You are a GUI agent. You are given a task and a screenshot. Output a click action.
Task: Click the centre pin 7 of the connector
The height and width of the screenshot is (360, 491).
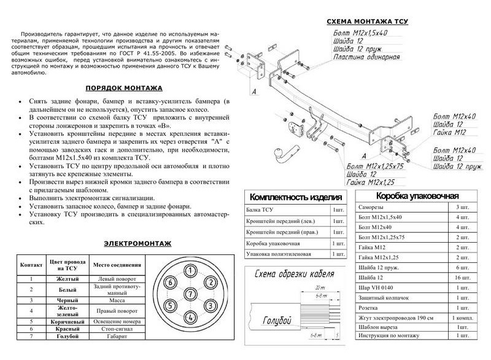(191, 294)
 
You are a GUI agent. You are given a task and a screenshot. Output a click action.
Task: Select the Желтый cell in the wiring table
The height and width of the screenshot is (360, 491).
(67, 280)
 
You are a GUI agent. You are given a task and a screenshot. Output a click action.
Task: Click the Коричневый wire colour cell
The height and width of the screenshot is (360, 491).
(67, 321)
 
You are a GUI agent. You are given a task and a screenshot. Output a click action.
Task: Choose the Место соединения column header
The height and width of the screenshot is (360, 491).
(117, 265)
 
